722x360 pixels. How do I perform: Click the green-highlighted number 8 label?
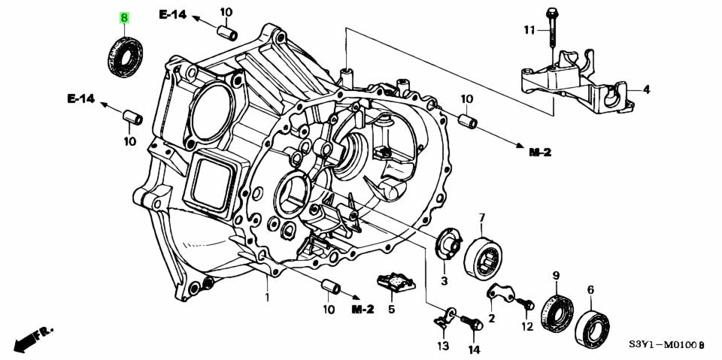coord(125,19)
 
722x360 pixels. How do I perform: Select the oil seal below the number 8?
coord(125,56)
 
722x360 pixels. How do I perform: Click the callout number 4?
coord(647,89)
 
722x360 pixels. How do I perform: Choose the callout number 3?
coord(444,281)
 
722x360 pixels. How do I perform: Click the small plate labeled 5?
coord(394,281)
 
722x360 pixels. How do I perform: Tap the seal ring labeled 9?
coord(557,314)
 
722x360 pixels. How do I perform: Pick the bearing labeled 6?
coord(592,328)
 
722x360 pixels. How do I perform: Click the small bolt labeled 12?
coord(526,304)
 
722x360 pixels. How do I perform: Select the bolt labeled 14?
coord(472,322)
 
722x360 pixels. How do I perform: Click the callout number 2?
coord(491,318)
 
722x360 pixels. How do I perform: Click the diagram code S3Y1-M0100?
coord(666,344)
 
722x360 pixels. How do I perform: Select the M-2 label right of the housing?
coord(540,153)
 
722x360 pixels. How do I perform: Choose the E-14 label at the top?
coord(173,15)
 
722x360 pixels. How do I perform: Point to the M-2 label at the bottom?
coord(363,310)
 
